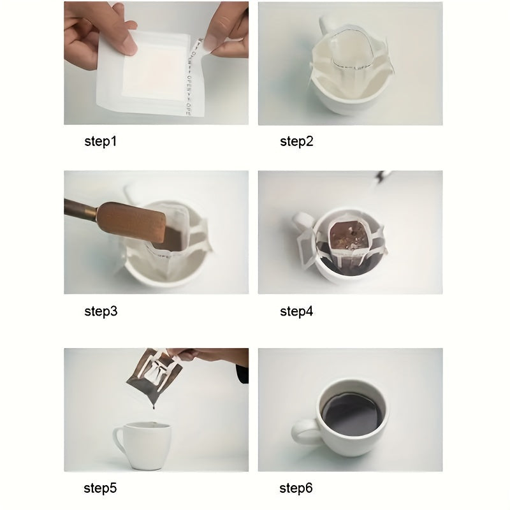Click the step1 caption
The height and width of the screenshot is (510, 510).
click(x=101, y=142)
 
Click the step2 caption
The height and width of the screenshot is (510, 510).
click(x=296, y=142)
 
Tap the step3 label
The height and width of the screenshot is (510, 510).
click(x=101, y=312)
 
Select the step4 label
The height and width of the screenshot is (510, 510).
click(x=296, y=312)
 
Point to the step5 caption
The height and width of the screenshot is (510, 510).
click(x=101, y=489)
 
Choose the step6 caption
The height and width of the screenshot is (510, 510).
click(x=296, y=489)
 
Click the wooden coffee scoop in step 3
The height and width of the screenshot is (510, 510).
click(x=127, y=220)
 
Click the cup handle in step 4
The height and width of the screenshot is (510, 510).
click(x=300, y=223)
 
